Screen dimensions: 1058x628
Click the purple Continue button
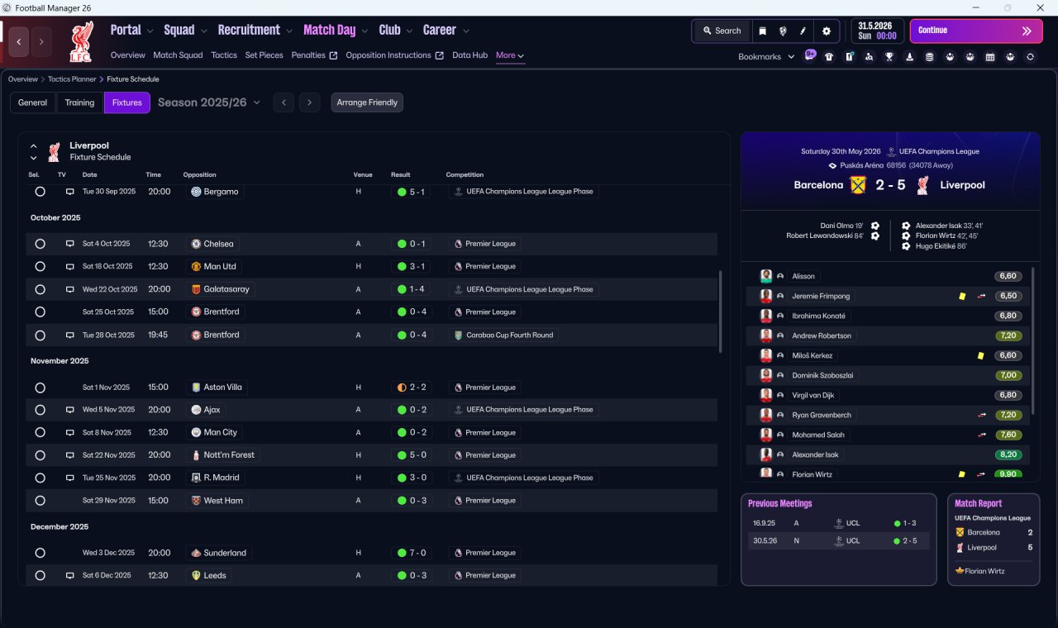pyautogui.click(x=976, y=31)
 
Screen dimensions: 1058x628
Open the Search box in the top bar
pyautogui.click(x=722, y=31)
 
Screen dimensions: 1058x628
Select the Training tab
pyautogui.click(x=79, y=102)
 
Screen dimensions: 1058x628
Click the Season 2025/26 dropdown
pyautogui.click(x=209, y=102)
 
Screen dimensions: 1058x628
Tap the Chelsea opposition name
pyautogui.click(x=218, y=244)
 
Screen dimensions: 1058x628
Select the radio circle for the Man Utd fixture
pyautogui.click(x=41, y=266)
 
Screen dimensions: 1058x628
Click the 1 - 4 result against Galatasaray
pyautogui.click(x=417, y=289)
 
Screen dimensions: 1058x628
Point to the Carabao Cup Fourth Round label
pyautogui.click(x=509, y=335)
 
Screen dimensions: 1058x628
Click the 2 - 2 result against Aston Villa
pyautogui.click(x=417, y=388)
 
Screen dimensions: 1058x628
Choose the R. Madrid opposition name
pyautogui.click(x=221, y=478)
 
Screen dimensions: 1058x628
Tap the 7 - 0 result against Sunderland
pyautogui.click(x=417, y=553)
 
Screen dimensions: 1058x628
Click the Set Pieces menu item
pyautogui.click(x=264, y=55)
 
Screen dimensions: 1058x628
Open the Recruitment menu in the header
pyautogui.click(x=249, y=31)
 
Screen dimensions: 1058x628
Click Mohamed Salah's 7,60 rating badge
pyautogui.click(x=1008, y=435)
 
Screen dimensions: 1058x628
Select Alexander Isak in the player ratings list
pyautogui.click(x=815, y=454)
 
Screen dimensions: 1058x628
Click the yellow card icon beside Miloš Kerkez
pyautogui.click(x=980, y=355)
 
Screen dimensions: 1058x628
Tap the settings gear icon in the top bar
pyautogui.click(x=826, y=31)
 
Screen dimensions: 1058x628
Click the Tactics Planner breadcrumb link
pyautogui.click(x=72, y=79)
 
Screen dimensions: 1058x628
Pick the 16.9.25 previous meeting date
pyautogui.click(x=764, y=523)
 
